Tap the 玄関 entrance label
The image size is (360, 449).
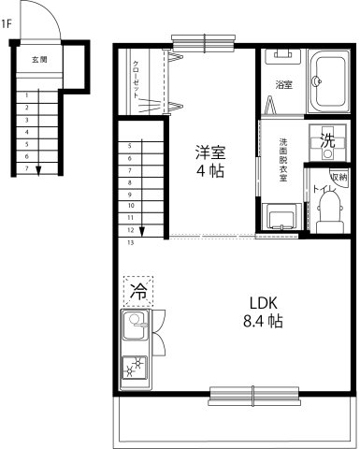point(39,59)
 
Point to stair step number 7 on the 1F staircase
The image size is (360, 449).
point(27,168)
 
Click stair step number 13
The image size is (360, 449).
point(130,242)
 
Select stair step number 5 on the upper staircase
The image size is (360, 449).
point(130,146)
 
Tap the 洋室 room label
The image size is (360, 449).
point(209,151)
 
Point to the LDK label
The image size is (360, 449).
point(263,303)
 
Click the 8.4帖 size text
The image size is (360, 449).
point(263,322)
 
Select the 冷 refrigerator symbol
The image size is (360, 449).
point(138,290)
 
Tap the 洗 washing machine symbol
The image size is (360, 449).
point(327,141)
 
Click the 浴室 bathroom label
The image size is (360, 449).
point(284,85)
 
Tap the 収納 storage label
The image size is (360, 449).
point(338,176)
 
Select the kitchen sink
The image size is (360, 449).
point(132,328)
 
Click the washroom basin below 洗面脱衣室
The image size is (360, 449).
point(281,219)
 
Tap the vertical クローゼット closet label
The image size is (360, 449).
point(136,80)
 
